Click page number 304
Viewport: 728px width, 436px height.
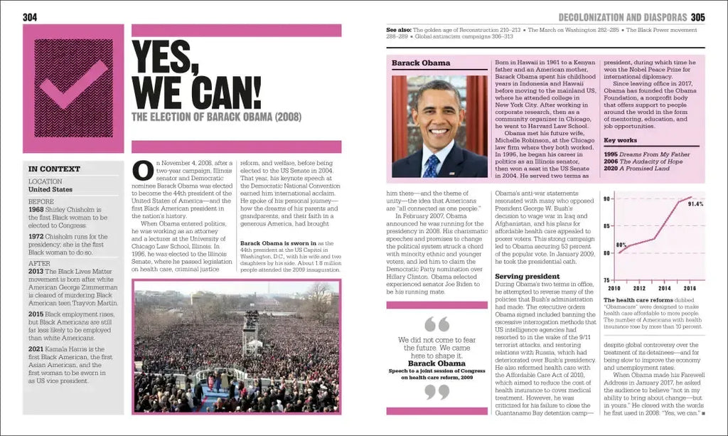point(30,16)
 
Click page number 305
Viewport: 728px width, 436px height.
point(697,16)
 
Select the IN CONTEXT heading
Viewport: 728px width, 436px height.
point(54,169)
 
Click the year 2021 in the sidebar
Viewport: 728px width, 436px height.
point(36,349)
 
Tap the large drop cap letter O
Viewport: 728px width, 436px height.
point(143,171)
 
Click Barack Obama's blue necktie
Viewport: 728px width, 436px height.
point(431,166)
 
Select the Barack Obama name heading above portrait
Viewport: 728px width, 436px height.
point(421,63)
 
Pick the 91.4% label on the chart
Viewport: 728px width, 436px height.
point(695,204)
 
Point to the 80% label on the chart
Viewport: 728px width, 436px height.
point(621,245)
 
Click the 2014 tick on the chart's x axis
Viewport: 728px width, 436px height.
point(664,289)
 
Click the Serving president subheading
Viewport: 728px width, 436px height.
point(528,276)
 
